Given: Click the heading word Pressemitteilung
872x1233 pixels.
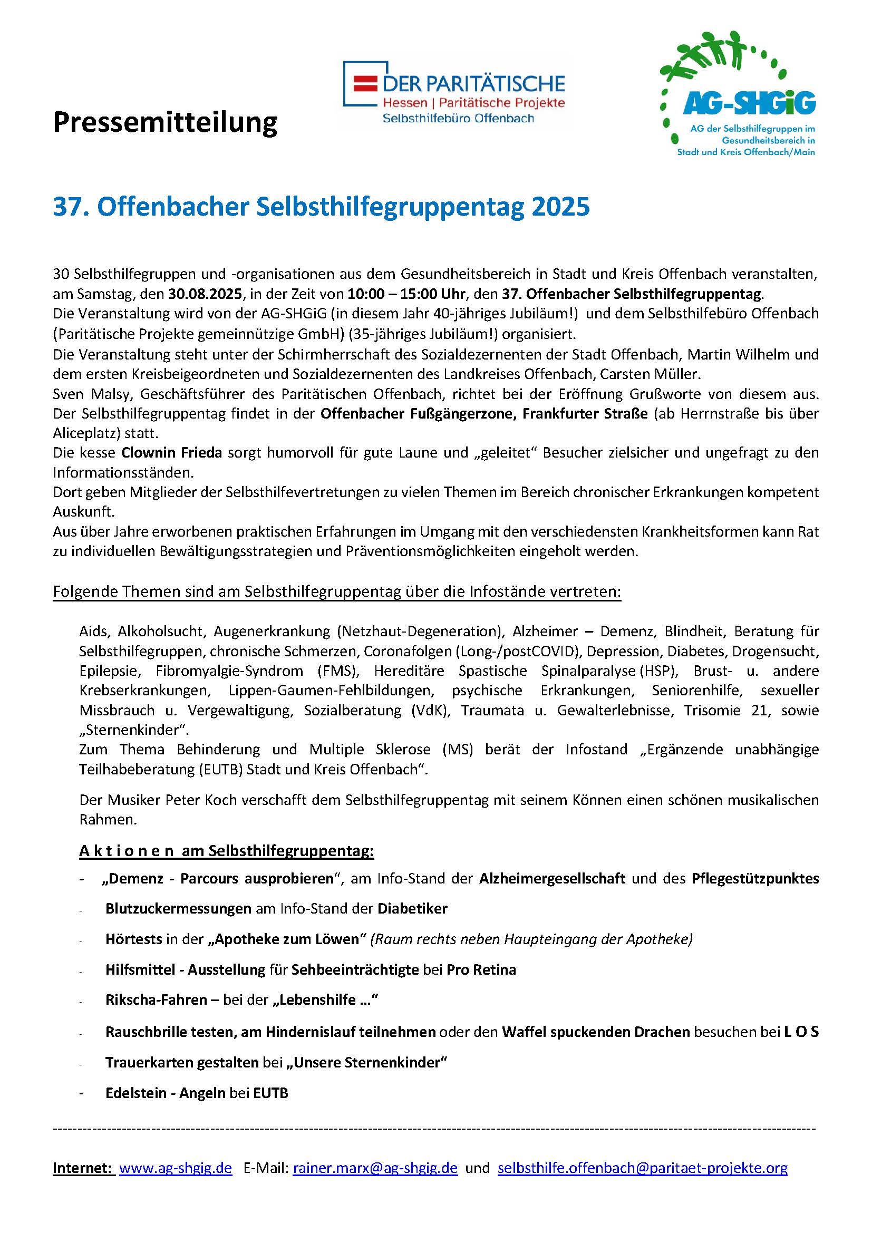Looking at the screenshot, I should pyautogui.click(x=165, y=122).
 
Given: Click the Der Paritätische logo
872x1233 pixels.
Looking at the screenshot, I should pyautogui.click(x=454, y=92).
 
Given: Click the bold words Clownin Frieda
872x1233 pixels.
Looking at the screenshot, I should pyautogui.click(x=171, y=452).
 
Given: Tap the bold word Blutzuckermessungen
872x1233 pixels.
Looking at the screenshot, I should pyautogui.click(x=178, y=909).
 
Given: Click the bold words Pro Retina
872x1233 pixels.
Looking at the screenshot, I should pyautogui.click(x=481, y=969).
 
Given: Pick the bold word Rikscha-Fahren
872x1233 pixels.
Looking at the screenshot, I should pyautogui.click(x=156, y=999).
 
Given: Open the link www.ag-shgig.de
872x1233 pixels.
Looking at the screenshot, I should pyautogui.click(x=176, y=1168).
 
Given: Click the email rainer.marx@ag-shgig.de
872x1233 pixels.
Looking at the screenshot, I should pyautogui.click(x=375, y=1168).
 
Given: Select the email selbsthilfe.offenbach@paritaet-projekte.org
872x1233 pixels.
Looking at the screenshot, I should pyautogui.click(x=642, y=1168).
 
